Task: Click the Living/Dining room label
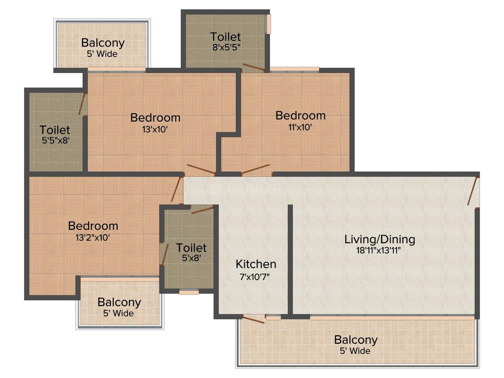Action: tap(380, 239)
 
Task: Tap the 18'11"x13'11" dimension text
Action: tap(378, 250)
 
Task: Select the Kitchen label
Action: tap(256, 264)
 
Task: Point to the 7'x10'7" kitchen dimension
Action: tap(255, 276)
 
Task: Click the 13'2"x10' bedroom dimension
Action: tap(93, 238)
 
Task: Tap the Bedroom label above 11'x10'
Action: tap(301, 116)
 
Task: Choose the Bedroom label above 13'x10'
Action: tap(155, 118)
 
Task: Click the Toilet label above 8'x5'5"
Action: tap(225, 36)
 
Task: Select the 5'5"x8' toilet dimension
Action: tap(56, 140)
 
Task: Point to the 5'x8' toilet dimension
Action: tap(192, 258)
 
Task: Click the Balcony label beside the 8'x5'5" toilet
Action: tap(103, 43)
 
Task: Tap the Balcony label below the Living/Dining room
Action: tap(356, 339)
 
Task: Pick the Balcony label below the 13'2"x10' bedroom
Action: tap(119, 302)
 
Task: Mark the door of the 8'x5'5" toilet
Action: tap(254, 67)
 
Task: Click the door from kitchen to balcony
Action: tap(253, 320)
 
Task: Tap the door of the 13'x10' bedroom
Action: tap(201, 169)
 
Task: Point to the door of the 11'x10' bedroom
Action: tap(255, 169)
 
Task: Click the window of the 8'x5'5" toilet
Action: tap(268, 23)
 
